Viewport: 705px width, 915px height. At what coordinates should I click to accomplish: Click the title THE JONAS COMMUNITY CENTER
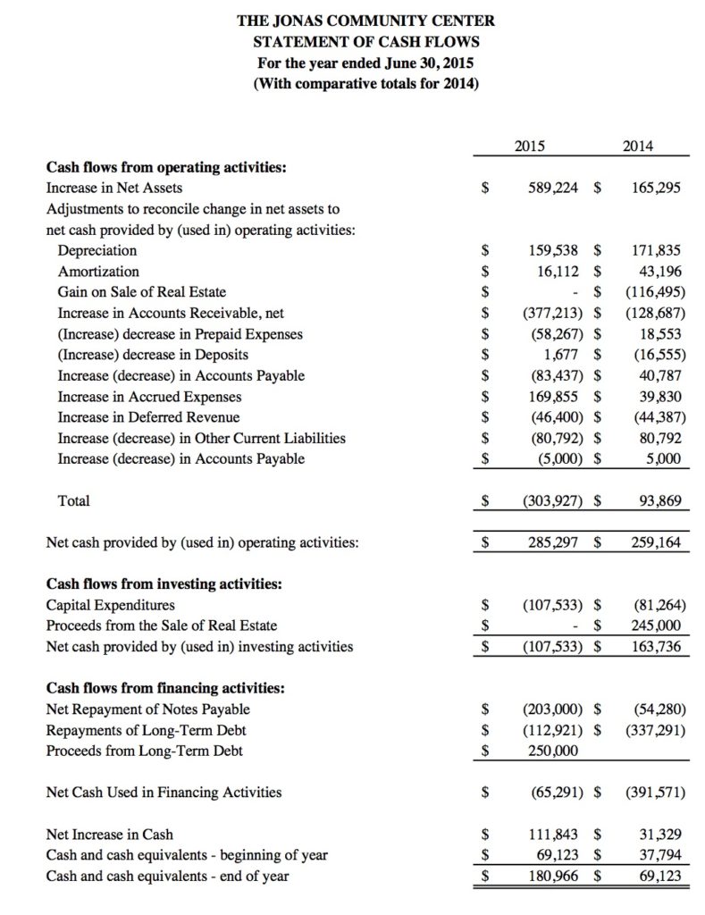365,20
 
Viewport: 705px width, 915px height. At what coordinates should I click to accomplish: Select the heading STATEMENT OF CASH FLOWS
365,42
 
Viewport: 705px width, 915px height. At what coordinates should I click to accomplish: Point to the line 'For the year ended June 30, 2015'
365,63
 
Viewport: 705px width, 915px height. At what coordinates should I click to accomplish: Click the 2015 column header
533,146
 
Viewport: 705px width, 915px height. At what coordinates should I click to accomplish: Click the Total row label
73,501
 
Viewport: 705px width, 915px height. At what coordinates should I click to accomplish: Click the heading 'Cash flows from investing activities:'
164,583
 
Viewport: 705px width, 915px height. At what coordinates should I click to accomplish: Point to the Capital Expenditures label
110,605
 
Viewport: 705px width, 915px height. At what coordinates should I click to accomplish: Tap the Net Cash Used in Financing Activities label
163,792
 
